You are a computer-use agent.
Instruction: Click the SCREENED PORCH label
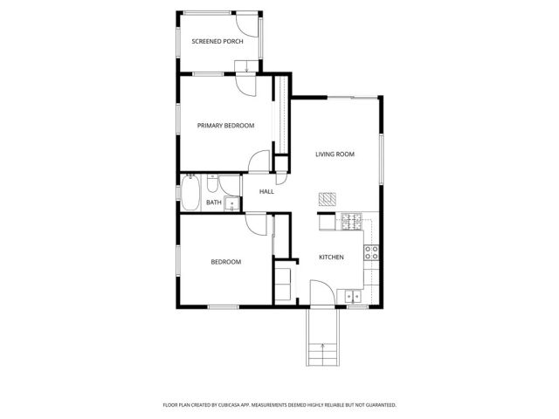(217, 42)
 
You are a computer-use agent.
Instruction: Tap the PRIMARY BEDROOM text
(225, 126)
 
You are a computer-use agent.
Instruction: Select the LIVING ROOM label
(335, 155)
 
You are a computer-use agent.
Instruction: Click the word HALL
(266, 191)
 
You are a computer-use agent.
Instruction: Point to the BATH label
(213, 203)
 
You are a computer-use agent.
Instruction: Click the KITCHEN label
(330, 258)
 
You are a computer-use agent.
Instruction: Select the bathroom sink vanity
(231, 204)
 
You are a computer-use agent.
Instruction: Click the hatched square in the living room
(327, 198)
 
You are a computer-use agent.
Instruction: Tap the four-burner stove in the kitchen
(371, 253)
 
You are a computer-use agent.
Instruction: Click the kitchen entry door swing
(321, 295)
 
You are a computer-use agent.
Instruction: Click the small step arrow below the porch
(248, 69)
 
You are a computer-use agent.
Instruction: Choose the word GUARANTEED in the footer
(376, 405)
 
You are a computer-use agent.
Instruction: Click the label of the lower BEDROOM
(225, 262)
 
